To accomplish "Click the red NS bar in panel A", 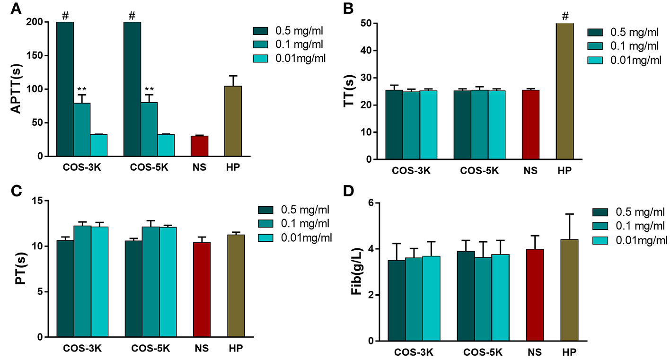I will point(199,146).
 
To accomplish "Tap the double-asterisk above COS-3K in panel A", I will point(82,89).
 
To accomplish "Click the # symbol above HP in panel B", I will point(565,17).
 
